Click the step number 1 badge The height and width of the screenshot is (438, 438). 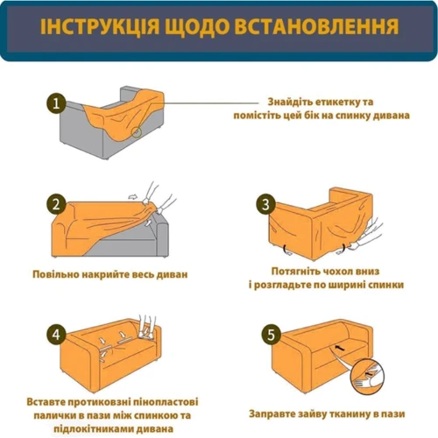pyautogui.click(x=56, y=103)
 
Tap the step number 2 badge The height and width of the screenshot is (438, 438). pyautogui.click(x=56, y=204)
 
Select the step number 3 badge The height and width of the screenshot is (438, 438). pyautogui.click(x=265, y=204)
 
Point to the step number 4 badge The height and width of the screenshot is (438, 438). pyautogui.click(x=56, y=334)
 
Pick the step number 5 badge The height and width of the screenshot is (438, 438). pyautogui.click(x=271, y=334)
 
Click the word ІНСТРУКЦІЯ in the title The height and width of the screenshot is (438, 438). pyautogui.click(x=100, y=26)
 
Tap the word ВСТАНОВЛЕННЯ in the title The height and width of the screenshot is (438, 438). pyautogui.click(x=316, y=26)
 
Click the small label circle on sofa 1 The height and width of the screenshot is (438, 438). pyautogui.click(x=136, y=132)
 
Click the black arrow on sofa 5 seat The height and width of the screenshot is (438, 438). pyautogui.click(x=339, y=348)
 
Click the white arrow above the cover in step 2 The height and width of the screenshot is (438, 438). pyautogui.click(x=133, y=197)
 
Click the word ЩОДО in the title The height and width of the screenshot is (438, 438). pyautogui.click(x=197, y=26)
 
